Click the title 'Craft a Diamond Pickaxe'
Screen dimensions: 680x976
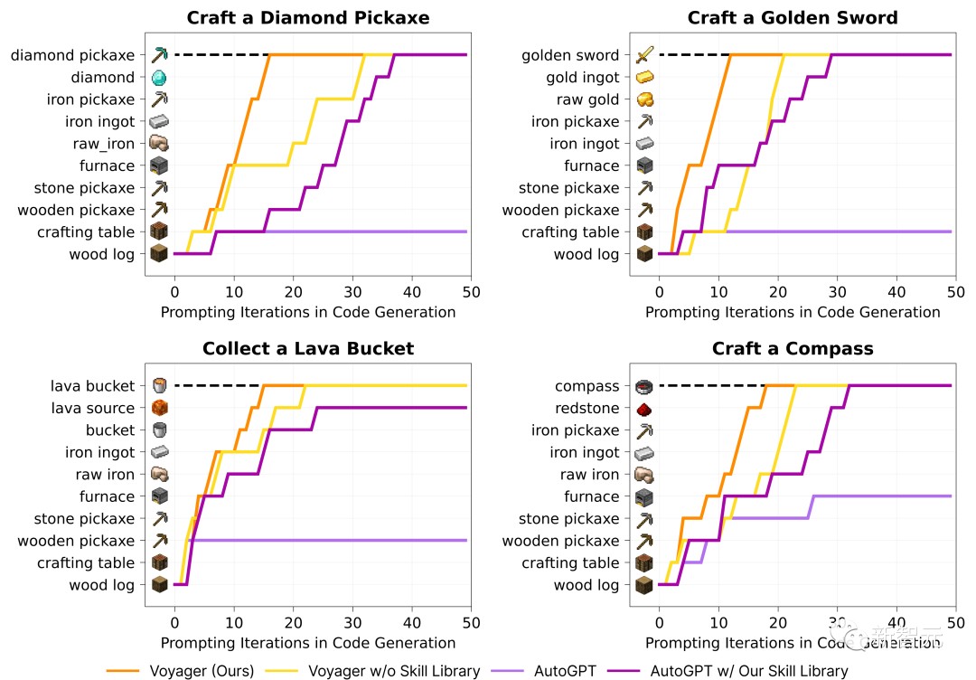click(307, 18)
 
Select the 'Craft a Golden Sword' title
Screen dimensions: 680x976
click(793, 18)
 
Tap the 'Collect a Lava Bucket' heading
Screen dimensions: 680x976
click(307, 349)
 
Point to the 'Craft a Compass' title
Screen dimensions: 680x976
click(793, 349)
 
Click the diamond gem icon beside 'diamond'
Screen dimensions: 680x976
click(160, 78)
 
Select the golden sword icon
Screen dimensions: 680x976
click(644, 56)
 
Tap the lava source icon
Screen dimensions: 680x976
click(160, 409)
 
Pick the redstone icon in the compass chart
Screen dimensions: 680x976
click(644, 409)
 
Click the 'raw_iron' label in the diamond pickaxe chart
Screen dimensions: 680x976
click(103, 144)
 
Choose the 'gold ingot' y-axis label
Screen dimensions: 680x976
click(582, 78)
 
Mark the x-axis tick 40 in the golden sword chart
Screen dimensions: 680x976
click(896, 292)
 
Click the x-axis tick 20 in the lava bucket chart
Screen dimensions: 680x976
click(293, 623)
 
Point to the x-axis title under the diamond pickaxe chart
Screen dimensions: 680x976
click(307, 312)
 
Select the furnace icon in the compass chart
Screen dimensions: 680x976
click(644, 496)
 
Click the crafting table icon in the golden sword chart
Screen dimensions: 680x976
click(644, 232)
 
